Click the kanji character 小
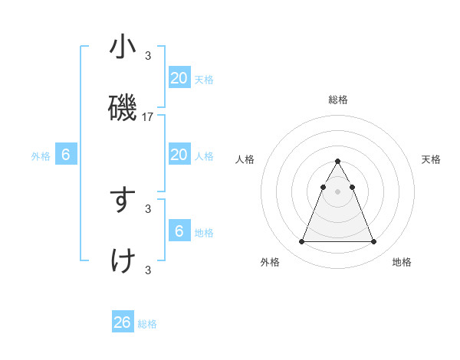coord(123,47)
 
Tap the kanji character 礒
coord(123,109)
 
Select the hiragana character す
coord(123,201)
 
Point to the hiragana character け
coord(123,262)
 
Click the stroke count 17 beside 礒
coord(148,117)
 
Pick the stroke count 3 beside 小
coord(148,55)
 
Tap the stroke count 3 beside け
coord(148,270)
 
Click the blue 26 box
coord(123,322)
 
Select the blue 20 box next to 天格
coord(179,77)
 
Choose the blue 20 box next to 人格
coord(179,155)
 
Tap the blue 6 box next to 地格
coord(179,231)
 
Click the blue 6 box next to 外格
coord(66,155)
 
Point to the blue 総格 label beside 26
coord(147,324)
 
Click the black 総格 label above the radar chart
coord(337,100)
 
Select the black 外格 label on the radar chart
coord(270,263)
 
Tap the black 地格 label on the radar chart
coord(402,263)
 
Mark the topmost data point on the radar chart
coord(337,161)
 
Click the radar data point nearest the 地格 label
coord(373,242)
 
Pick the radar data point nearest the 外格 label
coord(301,242)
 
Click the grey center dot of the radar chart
coord(337,191)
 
